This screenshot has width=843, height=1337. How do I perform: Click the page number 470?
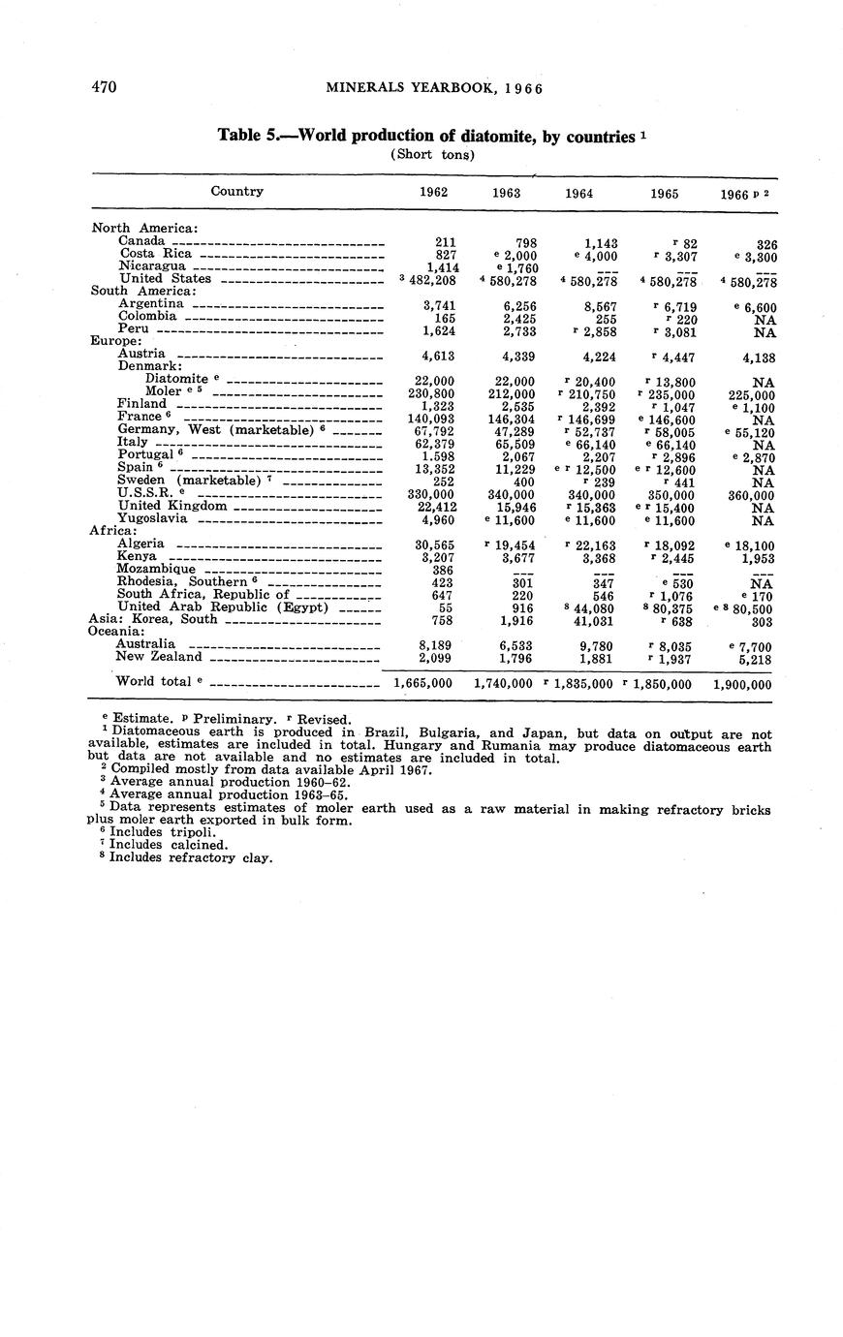104,87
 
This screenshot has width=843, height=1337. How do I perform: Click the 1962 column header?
433,192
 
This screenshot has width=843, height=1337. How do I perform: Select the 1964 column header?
578,193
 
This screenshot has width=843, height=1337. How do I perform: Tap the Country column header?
237,191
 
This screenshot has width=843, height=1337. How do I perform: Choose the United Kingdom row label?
172,505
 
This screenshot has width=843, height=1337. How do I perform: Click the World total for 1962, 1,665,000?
423,683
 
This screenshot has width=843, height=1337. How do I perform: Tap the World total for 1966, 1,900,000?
742,684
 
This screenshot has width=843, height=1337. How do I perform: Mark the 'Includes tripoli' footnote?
156,831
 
